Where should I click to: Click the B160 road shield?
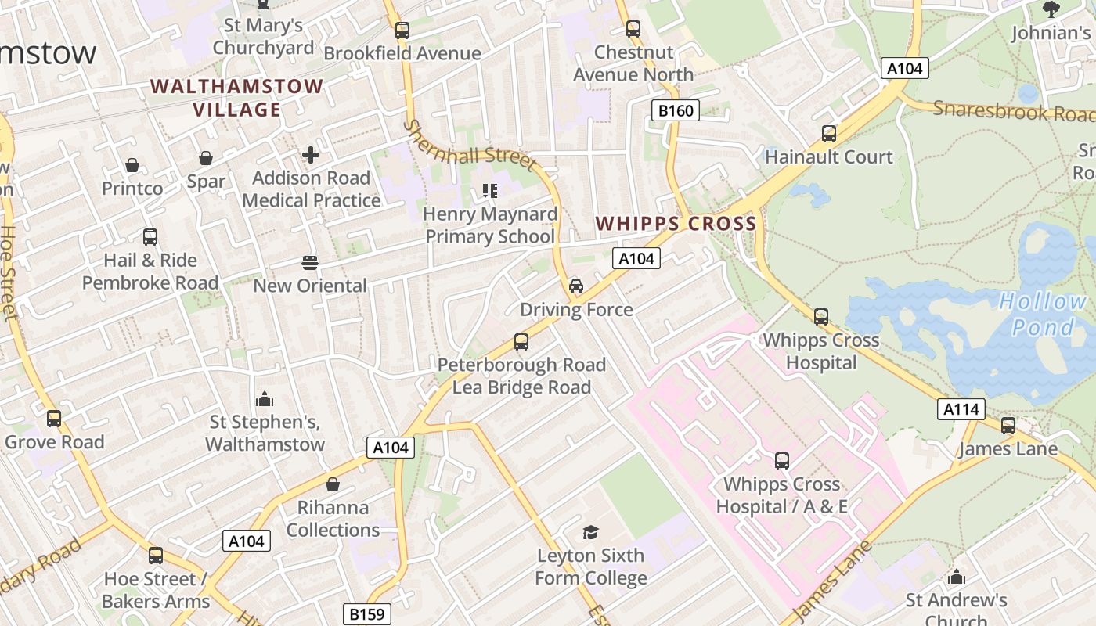675,110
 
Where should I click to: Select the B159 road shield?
367,614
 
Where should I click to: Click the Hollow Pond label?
1043,313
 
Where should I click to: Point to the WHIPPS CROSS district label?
676,224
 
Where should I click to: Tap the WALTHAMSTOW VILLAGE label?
236,98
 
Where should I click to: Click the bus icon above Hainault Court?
829,134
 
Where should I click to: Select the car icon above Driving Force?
576,286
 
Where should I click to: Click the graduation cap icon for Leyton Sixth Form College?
590,533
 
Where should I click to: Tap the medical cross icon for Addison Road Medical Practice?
311,155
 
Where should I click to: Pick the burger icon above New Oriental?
310,263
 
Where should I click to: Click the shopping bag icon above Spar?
206,159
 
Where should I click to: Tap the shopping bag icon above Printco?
132,165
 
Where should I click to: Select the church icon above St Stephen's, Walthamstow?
265,399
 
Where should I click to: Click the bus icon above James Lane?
1008,426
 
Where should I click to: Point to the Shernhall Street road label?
470,146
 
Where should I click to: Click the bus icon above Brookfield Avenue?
402,31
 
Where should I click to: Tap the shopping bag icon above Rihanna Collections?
333,484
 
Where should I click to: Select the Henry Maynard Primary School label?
490,225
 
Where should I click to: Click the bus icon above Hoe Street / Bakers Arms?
156,556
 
